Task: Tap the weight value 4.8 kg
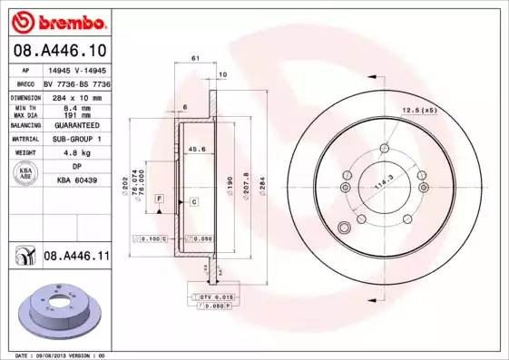click(x=75, y=153)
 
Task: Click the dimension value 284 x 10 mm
click(x=75, y=95)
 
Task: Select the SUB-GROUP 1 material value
click(x=75, y=139)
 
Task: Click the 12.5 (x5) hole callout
click(x=418, y=111)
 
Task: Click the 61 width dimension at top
click(x=196, y=57)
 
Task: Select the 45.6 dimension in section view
click(x=194, y=151)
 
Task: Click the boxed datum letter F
click(x=158, y=198)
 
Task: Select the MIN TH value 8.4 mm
click(x=75, y=106)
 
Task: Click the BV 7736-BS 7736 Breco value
click(x=75, y=82)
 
